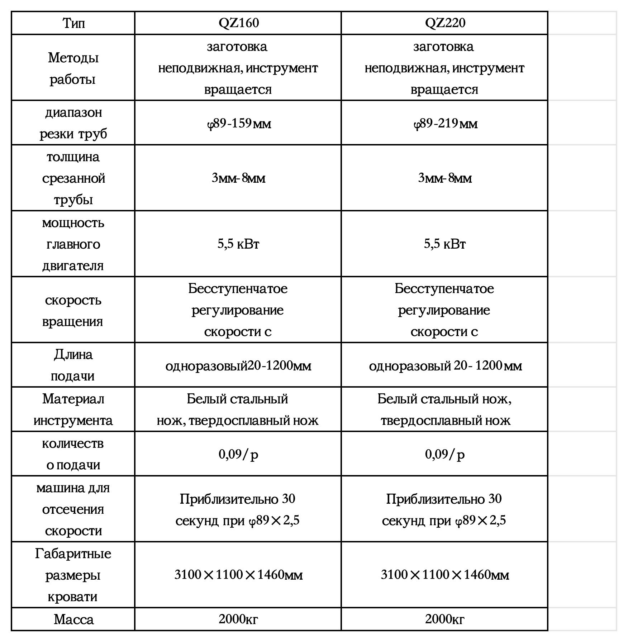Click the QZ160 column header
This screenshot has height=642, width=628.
pos(238,23)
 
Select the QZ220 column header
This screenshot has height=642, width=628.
pos(445,23)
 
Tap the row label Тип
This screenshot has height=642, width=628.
pos(73,23)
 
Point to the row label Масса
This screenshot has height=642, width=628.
pos(73,619)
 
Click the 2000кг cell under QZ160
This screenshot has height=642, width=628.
pos(238,619)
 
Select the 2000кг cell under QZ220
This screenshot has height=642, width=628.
pos(445,619)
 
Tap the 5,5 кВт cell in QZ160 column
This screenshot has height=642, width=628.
pos(238,244)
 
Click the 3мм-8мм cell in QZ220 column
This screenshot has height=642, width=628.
pos(445,178)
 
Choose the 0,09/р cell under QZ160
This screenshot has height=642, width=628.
pos(238,454)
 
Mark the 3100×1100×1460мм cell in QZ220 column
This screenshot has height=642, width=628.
pos(445,575)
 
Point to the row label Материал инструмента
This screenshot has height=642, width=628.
pos(73,409)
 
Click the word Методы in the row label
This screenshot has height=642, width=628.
pos(73,58)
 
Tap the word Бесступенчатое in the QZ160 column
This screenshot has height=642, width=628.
pos(238,289)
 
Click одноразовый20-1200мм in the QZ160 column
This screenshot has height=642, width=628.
pos(238,366)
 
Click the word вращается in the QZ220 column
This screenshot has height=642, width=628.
pos(444,89)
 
